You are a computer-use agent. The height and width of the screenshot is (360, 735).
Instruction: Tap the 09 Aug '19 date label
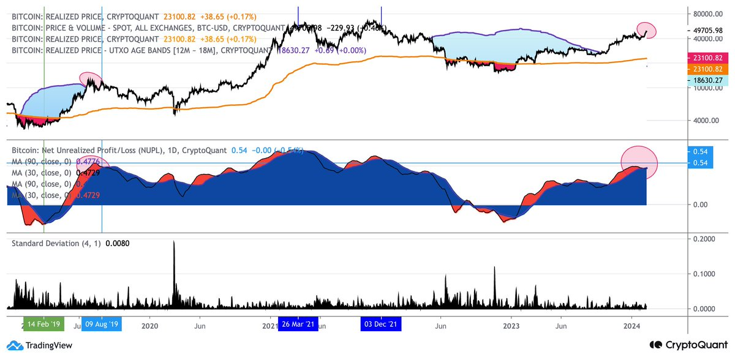101,324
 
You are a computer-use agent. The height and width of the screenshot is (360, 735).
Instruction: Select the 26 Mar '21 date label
298,324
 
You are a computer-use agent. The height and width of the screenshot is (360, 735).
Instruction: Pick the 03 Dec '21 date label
380,324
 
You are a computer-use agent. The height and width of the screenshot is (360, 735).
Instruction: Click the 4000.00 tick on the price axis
704,120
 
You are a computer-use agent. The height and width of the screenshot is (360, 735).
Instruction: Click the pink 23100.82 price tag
707,57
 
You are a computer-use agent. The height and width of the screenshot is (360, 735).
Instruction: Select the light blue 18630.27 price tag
707,80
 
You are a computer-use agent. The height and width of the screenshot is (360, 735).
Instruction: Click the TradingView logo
40,346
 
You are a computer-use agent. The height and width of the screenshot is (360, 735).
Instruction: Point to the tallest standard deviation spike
174,243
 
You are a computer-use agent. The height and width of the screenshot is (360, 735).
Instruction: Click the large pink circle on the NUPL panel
639,160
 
